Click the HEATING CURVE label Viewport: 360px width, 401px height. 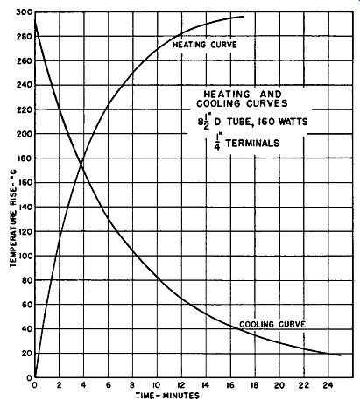[205, 45]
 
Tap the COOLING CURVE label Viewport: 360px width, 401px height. [272, 324]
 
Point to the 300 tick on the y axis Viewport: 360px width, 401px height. [25, 12]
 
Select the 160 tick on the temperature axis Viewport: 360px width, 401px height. [25, 183]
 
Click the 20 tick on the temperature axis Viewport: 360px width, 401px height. [27, 353]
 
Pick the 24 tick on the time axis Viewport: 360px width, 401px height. [328, 385]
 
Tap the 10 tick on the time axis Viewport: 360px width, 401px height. [157, 385]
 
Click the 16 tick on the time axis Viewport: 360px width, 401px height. [230, 385]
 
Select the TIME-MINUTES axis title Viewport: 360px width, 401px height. [167, 396]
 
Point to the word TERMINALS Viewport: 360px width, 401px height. [252, 143]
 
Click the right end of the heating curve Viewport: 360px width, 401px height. [244, 17]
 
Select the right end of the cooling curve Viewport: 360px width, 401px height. [341, 355]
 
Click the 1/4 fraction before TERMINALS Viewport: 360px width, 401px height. [217, 142]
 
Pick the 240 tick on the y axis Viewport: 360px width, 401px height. [25, 85]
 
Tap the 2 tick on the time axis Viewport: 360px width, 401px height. [60, 385]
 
